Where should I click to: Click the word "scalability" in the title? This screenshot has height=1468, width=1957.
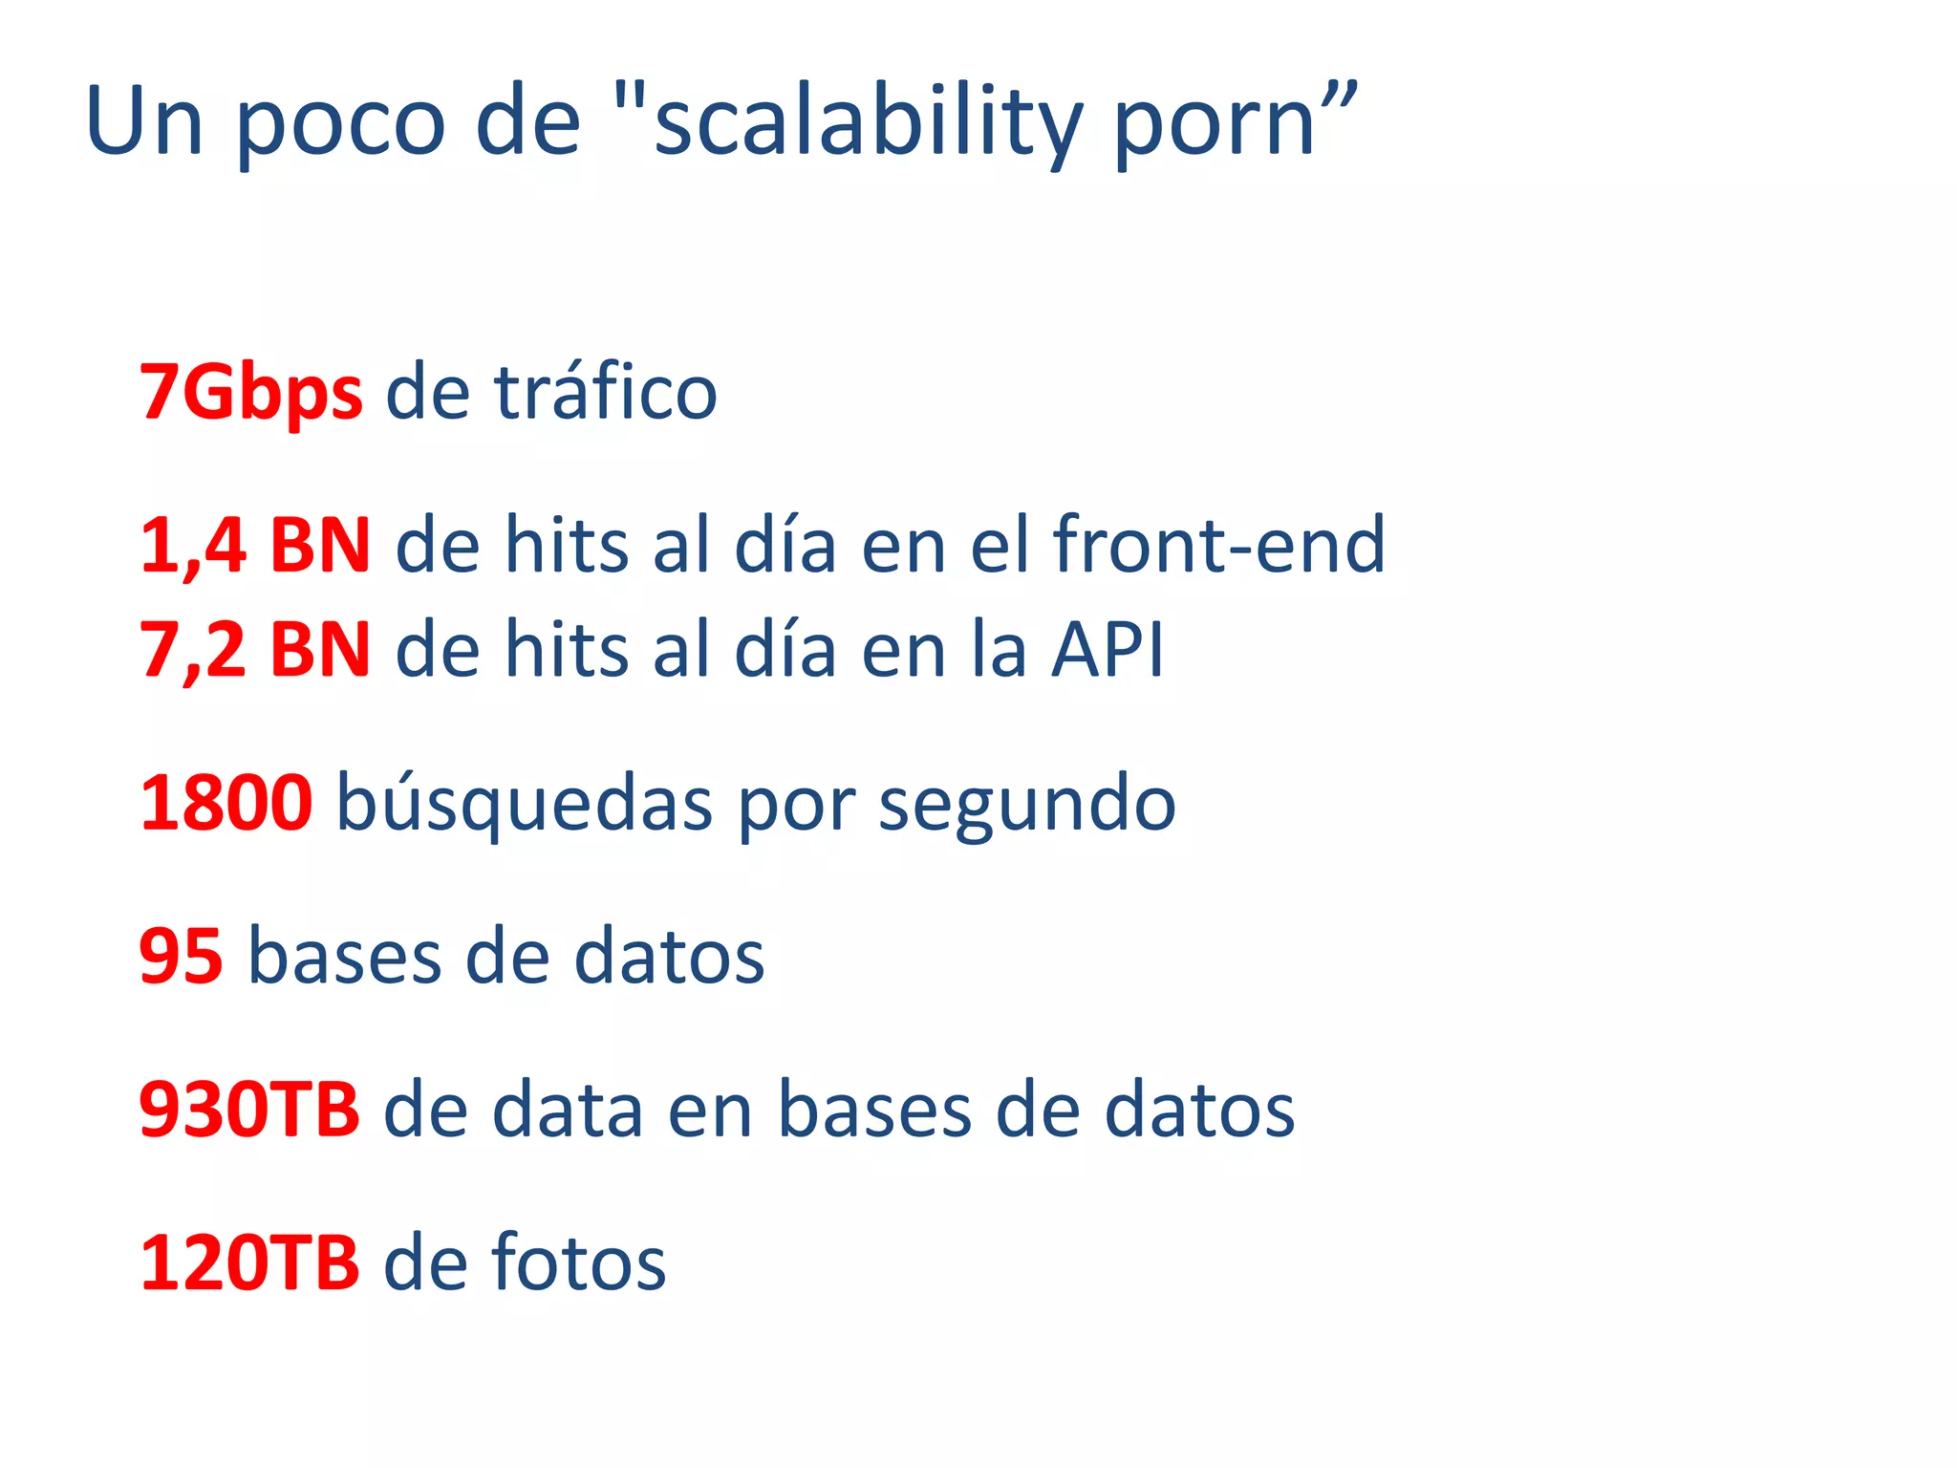click(866, 122)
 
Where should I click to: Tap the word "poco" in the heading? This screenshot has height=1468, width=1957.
click(339, 122)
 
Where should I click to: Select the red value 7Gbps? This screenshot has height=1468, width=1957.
click(251, 392)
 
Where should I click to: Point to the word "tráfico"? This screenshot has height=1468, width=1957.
click(606, 392)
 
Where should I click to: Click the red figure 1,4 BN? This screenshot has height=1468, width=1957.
click(255, 545)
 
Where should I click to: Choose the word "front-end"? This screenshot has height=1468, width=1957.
click(1218, 545)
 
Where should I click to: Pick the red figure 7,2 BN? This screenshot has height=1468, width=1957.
click(255, 650)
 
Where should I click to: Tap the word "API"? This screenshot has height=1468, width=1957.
click(1108, 650)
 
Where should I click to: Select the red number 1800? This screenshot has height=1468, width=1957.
click(226, 803)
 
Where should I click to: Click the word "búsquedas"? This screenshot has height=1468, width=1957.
click(525, 803)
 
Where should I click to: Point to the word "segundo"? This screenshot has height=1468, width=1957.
click(1027, 803)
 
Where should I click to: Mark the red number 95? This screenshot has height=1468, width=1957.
click(182, 956)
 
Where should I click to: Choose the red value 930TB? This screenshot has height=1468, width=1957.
click(249, 1109)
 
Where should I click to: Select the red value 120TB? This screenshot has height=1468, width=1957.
click(249, 1263)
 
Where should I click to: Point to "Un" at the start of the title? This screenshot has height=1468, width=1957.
click(144, 122)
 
